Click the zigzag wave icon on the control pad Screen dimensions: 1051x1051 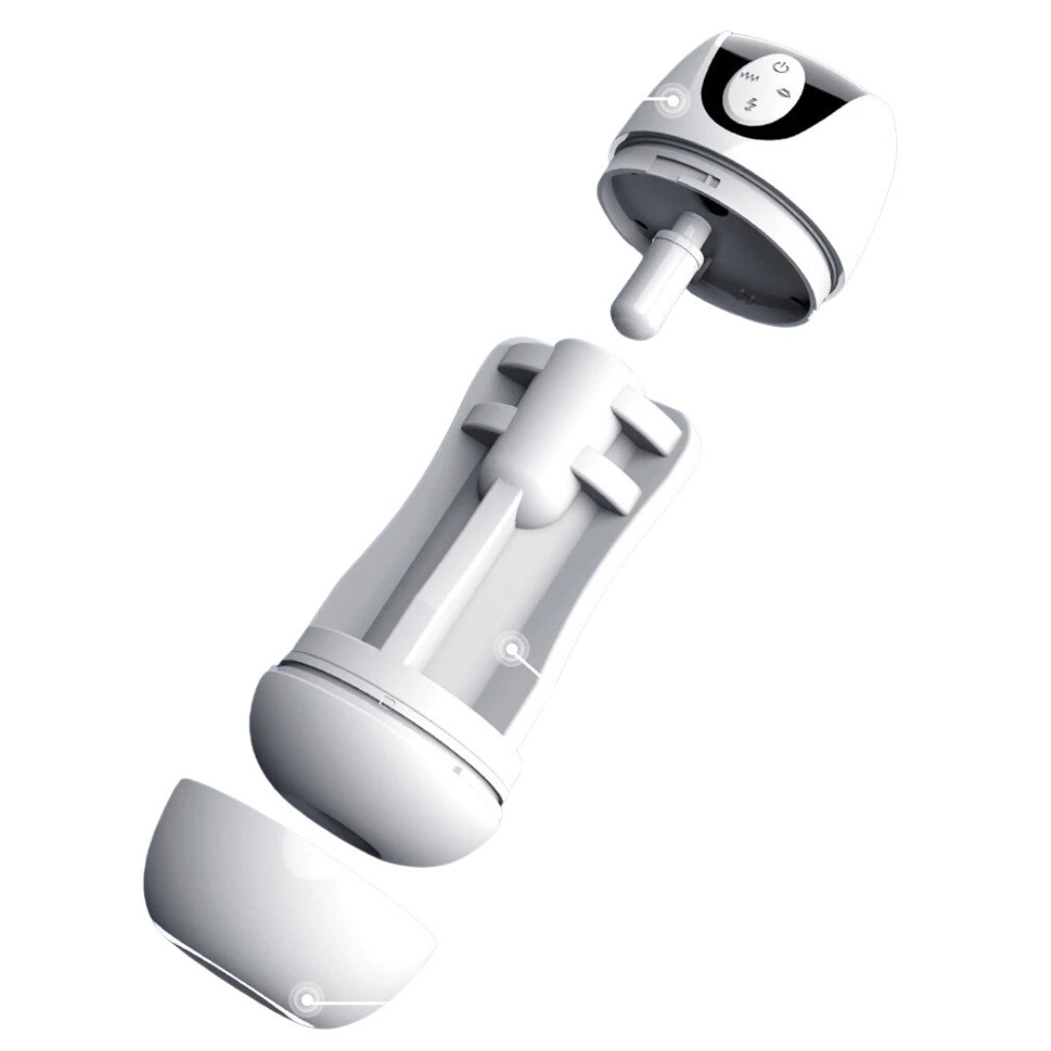pos(748,74)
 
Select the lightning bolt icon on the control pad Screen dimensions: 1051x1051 pos(751,104)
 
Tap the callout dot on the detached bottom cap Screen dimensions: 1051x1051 pos(308,998)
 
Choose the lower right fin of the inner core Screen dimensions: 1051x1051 pos(607,482)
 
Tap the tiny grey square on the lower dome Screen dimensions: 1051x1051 pos(456,769)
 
